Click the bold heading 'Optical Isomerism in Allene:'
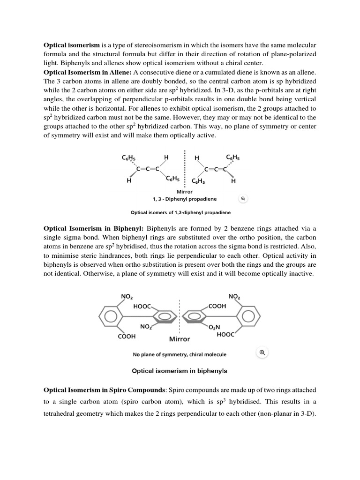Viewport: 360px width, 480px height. click(88, 72)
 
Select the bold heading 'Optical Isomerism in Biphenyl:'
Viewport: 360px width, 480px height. click(94, 229)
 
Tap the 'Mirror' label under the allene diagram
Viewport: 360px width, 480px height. click(184, 191)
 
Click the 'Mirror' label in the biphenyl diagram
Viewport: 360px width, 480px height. click(179, 339)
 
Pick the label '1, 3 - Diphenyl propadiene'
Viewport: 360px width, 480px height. click(184, 199)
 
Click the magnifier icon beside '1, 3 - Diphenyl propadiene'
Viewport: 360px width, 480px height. click(243, 199)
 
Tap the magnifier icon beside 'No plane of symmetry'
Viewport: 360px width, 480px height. click(262, 353)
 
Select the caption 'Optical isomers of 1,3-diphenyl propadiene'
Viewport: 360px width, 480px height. click(180, 212)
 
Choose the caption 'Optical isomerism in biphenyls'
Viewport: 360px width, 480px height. click(180, 371)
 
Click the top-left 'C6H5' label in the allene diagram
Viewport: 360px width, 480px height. click(128, 158)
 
